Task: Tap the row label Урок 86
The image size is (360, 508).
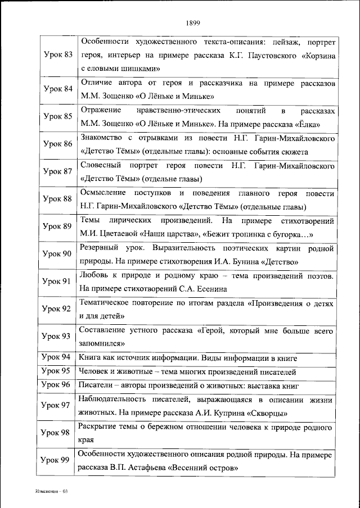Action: pyautogui.click(x=58, y=144)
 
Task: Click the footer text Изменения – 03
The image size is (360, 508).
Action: pyautogui.click(x=50, y=492)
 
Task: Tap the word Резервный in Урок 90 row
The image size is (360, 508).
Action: pyautogui.click(x=102, y=248)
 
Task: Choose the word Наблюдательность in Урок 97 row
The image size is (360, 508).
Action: pyautogui.click(x=125, y=399)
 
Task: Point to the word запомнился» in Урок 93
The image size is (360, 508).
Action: pyautogui.click(x=102, y=344)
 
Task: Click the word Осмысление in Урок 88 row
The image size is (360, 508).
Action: pyautogui.click(x=105, y=193)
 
